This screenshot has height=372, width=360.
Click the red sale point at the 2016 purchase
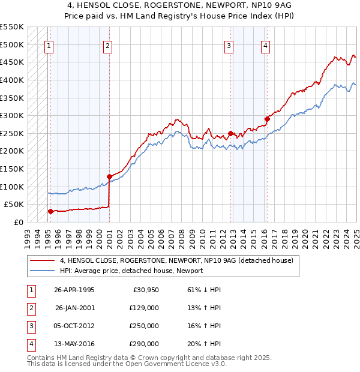pyautogui.click(x=268, y=119)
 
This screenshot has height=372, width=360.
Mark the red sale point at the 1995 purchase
pyautogui.click(x=50, y=211)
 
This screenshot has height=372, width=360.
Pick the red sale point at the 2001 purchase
pyautogui.click(x=109, y=176)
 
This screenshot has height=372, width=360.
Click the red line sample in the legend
pyautogui.click(x=42, y=260)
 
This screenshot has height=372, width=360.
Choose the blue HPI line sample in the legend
pyautogui.click(x=42, y=271)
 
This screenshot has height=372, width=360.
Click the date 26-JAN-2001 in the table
pyautogui.click(x=74, y=308)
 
